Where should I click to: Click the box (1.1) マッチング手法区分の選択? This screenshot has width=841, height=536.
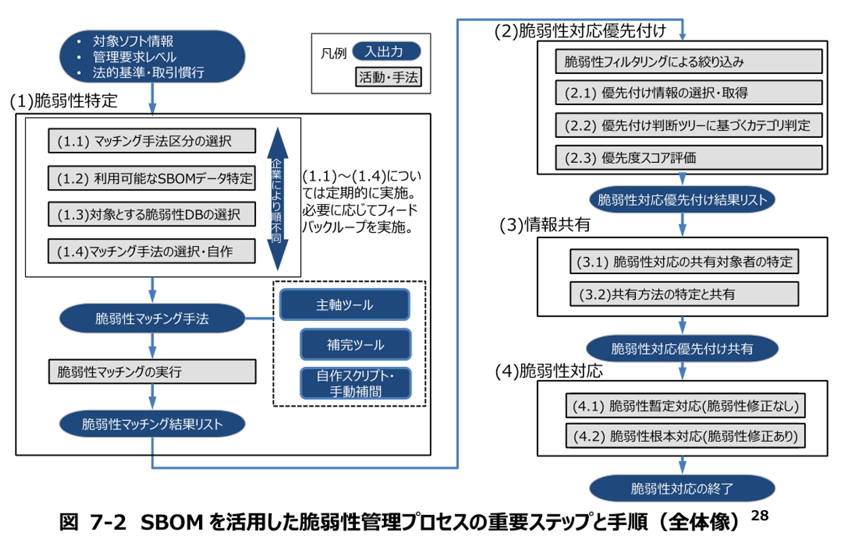point(152,141)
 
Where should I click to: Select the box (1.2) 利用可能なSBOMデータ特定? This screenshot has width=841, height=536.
point(152,178)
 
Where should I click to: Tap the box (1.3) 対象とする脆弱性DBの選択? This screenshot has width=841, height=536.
point(152,215)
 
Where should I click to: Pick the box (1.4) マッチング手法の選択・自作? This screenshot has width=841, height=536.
point(152,252)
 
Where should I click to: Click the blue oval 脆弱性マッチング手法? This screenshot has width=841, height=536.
point(152,318)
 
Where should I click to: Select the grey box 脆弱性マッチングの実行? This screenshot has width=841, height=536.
point(152,372)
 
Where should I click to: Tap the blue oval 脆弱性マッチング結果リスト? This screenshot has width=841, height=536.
point(152,425)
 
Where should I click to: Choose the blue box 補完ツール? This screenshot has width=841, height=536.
point(355,345)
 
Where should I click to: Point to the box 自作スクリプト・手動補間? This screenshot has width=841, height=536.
point(355,383)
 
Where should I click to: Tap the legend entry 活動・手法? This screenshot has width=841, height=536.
point(388,77)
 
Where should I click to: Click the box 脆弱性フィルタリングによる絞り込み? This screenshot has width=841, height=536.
point(688,61)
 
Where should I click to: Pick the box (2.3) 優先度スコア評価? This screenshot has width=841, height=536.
point(688,157)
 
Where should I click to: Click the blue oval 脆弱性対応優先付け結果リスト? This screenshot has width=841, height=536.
point(682,200)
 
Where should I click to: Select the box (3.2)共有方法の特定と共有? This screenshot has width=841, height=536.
point(683,294)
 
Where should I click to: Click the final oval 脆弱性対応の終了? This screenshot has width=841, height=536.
point(682,488)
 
